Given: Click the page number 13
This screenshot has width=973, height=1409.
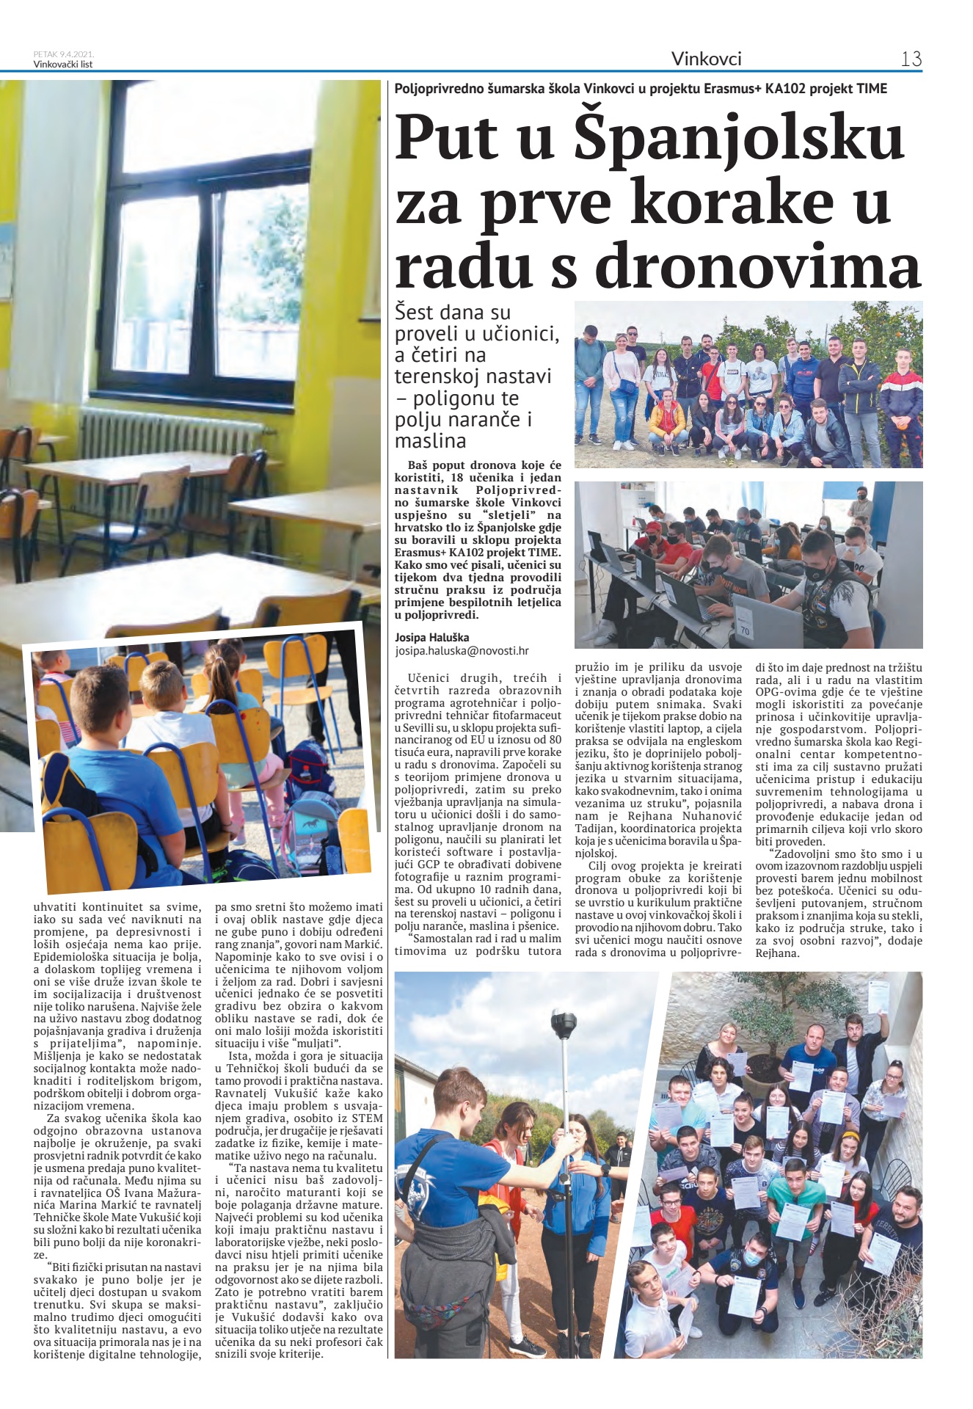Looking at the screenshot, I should (911, 59).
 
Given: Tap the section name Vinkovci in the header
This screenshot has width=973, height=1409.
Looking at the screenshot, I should (706, 59).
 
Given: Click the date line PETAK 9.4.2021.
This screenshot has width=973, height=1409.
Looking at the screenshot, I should (64, 54).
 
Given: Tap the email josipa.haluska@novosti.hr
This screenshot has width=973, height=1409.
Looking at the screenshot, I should (462, 651).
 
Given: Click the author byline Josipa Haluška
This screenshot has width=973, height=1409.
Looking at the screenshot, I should (431, 638).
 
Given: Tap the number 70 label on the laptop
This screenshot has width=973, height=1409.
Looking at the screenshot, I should (746, 629).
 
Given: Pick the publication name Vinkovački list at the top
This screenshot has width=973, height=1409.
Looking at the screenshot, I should (63, 64).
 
